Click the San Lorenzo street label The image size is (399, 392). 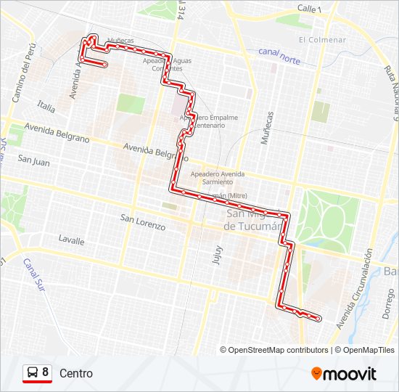[143, 221]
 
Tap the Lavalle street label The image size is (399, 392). [71, 240]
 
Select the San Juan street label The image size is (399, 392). [34, 162]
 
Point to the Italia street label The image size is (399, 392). [46, 107]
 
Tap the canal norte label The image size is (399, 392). [279, 56]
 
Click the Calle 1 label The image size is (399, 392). [309, 7]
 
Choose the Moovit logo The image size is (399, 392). [344, 374]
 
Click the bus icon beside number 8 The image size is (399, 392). [32, 372]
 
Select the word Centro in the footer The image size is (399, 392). [76, 373]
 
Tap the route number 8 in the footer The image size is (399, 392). [46, 372]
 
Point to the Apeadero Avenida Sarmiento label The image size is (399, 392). [218, 178]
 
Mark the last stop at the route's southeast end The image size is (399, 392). [318, 318]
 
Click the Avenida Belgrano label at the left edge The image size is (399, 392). [57, 131]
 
